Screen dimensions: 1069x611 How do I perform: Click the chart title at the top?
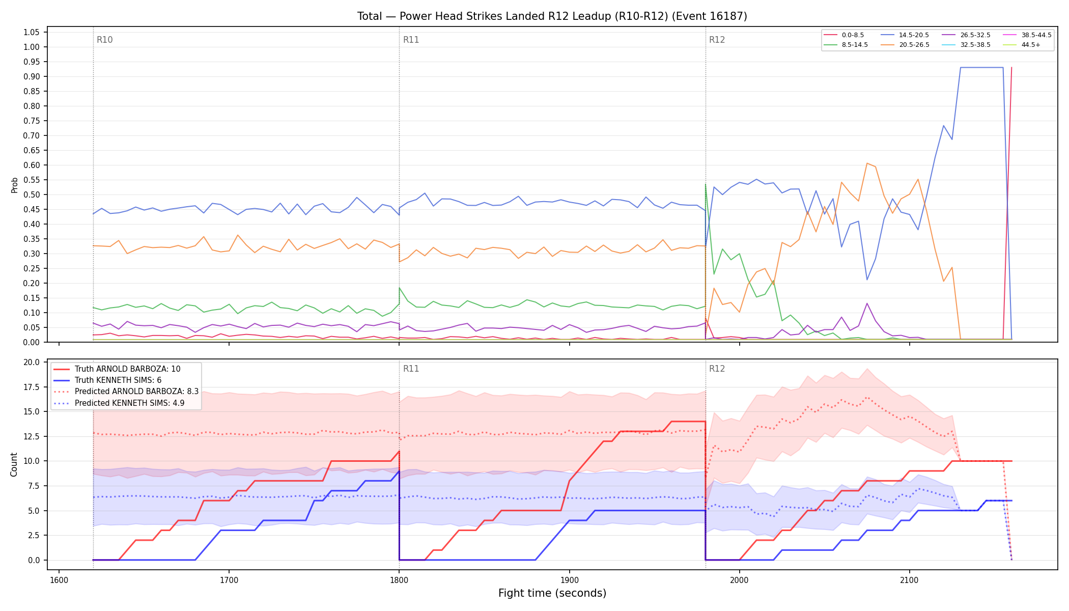click(x=552, y=16)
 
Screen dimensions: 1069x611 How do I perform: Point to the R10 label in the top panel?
click(x=104, y=40)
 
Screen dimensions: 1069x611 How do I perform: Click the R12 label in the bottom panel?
click(x=717, y=369)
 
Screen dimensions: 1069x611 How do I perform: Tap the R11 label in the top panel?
click(x=411, y=40)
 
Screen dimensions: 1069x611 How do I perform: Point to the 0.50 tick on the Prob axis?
click(x=32, y=195)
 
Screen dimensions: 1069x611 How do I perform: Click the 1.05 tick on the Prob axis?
click(x=32, y=32)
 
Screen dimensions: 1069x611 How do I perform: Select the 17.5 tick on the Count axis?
click(x=32, y=387)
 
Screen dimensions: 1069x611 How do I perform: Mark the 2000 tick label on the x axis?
click(x=739, y=580)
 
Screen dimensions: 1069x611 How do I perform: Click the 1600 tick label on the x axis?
click(x=59, y=580)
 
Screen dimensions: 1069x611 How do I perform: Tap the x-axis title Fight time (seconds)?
click(x=552, y=593)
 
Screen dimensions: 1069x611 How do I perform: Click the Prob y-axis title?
click(x=14, y=185)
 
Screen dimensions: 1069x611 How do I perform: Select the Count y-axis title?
click(x=14, y=464)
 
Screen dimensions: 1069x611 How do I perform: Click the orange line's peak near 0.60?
click(x=866, y=163)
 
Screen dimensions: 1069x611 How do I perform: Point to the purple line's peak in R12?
click(x=867, y=303)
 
